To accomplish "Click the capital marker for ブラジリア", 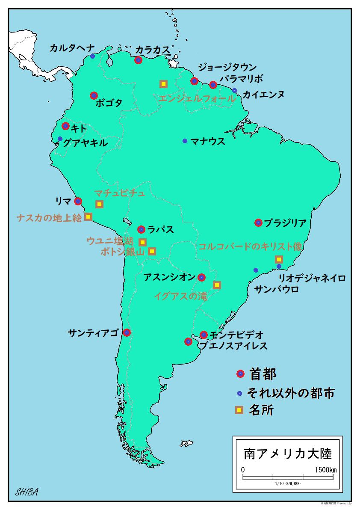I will coord(258,222).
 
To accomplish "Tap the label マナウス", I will coord(208,141).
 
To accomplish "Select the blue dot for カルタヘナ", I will coord(92,56).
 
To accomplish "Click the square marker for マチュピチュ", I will coord(99,204).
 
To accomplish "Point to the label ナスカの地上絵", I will coord(49,218).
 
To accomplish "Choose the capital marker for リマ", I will coord(78,201).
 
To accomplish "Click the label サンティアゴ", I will coord(93,332).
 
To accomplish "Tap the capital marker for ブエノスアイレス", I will coord(188,341).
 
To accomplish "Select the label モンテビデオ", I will coord(236,335).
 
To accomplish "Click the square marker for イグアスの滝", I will coord(217,285).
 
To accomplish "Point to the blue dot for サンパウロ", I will coord(256,270).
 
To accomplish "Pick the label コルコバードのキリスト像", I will coord(251,247).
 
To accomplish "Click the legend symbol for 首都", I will coord(240,374).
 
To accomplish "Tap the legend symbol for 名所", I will coord(239,410).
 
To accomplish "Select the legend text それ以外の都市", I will coord(291,393).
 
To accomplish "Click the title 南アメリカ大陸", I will coord(287,453).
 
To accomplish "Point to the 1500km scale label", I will coord(326,470).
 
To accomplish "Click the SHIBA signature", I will coord(27,492).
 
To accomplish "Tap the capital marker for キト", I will coord(65,126).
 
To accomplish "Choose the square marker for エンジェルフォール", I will coord(163,84).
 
